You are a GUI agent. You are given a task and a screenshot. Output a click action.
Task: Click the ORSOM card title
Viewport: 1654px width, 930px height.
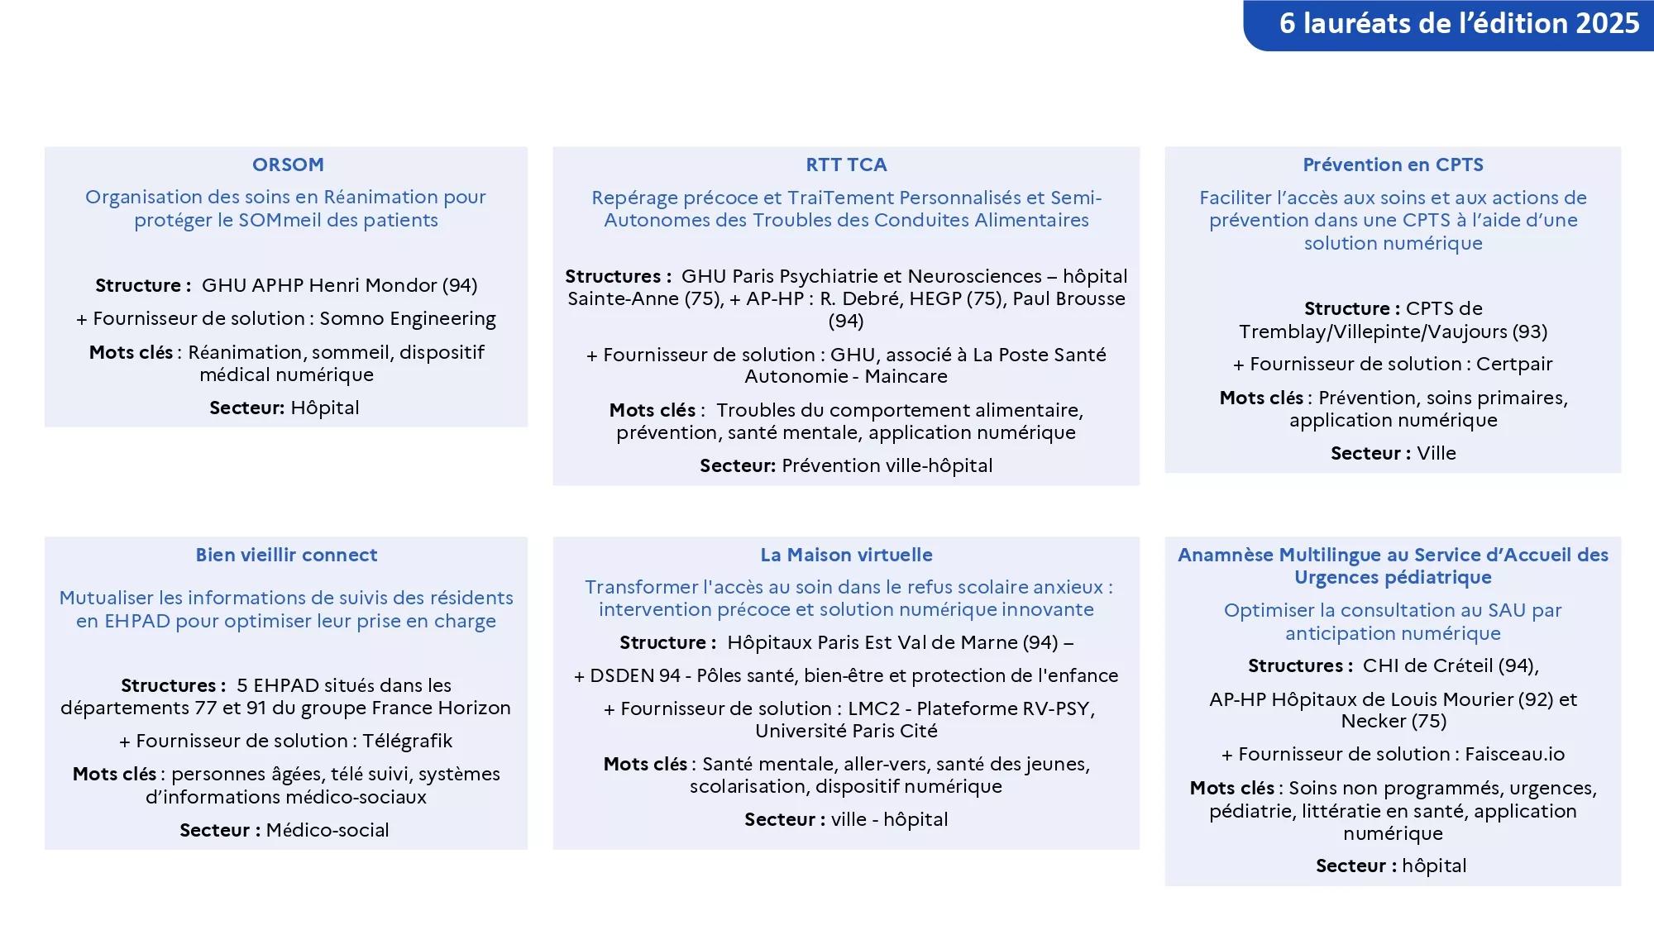click(288, 165)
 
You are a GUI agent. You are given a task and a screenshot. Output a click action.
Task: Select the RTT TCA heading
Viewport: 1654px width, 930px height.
click(846, 165)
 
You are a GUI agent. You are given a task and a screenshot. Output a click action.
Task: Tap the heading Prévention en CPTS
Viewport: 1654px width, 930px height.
click(1393, 165)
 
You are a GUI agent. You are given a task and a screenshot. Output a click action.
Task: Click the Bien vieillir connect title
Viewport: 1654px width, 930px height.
click(286, 555)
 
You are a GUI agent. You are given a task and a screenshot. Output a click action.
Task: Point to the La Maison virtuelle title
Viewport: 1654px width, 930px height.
click(846, 555)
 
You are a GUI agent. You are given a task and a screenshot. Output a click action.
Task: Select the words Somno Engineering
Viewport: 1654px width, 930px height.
click(408, 318)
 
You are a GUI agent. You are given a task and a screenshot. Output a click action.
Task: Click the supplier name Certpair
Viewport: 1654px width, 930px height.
click(1514, 364)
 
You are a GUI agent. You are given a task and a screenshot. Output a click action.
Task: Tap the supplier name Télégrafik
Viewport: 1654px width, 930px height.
click(407, 741)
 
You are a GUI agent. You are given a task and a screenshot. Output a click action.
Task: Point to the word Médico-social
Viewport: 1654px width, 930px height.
click(327, 830)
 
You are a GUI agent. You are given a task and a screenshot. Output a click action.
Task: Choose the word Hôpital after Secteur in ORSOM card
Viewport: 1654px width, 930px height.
click(325, 408)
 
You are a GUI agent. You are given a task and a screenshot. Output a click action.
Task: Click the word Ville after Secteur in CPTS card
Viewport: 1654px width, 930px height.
click(1436, 453)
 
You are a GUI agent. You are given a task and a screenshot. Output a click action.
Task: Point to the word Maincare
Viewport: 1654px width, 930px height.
click(906, 376)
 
